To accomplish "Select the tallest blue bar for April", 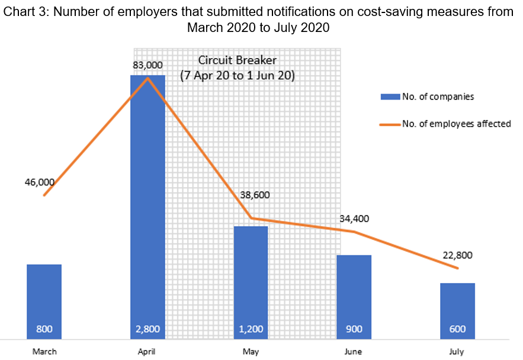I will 147,201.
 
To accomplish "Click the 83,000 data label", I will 147,65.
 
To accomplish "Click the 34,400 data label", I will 354,218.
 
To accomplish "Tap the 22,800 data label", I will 457,256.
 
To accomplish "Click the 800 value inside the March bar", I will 44,329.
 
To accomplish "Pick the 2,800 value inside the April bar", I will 147,329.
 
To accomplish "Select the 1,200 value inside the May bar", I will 251,329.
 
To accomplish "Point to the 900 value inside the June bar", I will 354,329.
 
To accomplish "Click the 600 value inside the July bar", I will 457,329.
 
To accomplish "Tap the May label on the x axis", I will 251,352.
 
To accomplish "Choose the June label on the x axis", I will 354,352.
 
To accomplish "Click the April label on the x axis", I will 147,352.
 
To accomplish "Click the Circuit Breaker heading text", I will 237,60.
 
